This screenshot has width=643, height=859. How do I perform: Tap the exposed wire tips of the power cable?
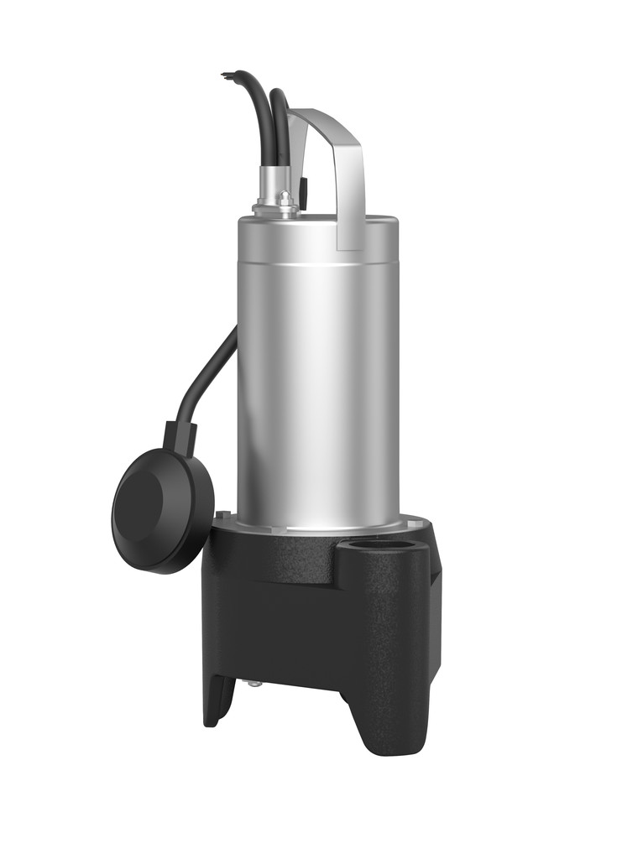coord(226,75)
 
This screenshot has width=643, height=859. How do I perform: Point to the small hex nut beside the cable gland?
coord(285,199)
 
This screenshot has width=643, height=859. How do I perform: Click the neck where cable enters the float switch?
coord(180,436)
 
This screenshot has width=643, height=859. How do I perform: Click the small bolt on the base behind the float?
coord(221,515)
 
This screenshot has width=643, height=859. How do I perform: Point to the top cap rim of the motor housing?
coord(319,223)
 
